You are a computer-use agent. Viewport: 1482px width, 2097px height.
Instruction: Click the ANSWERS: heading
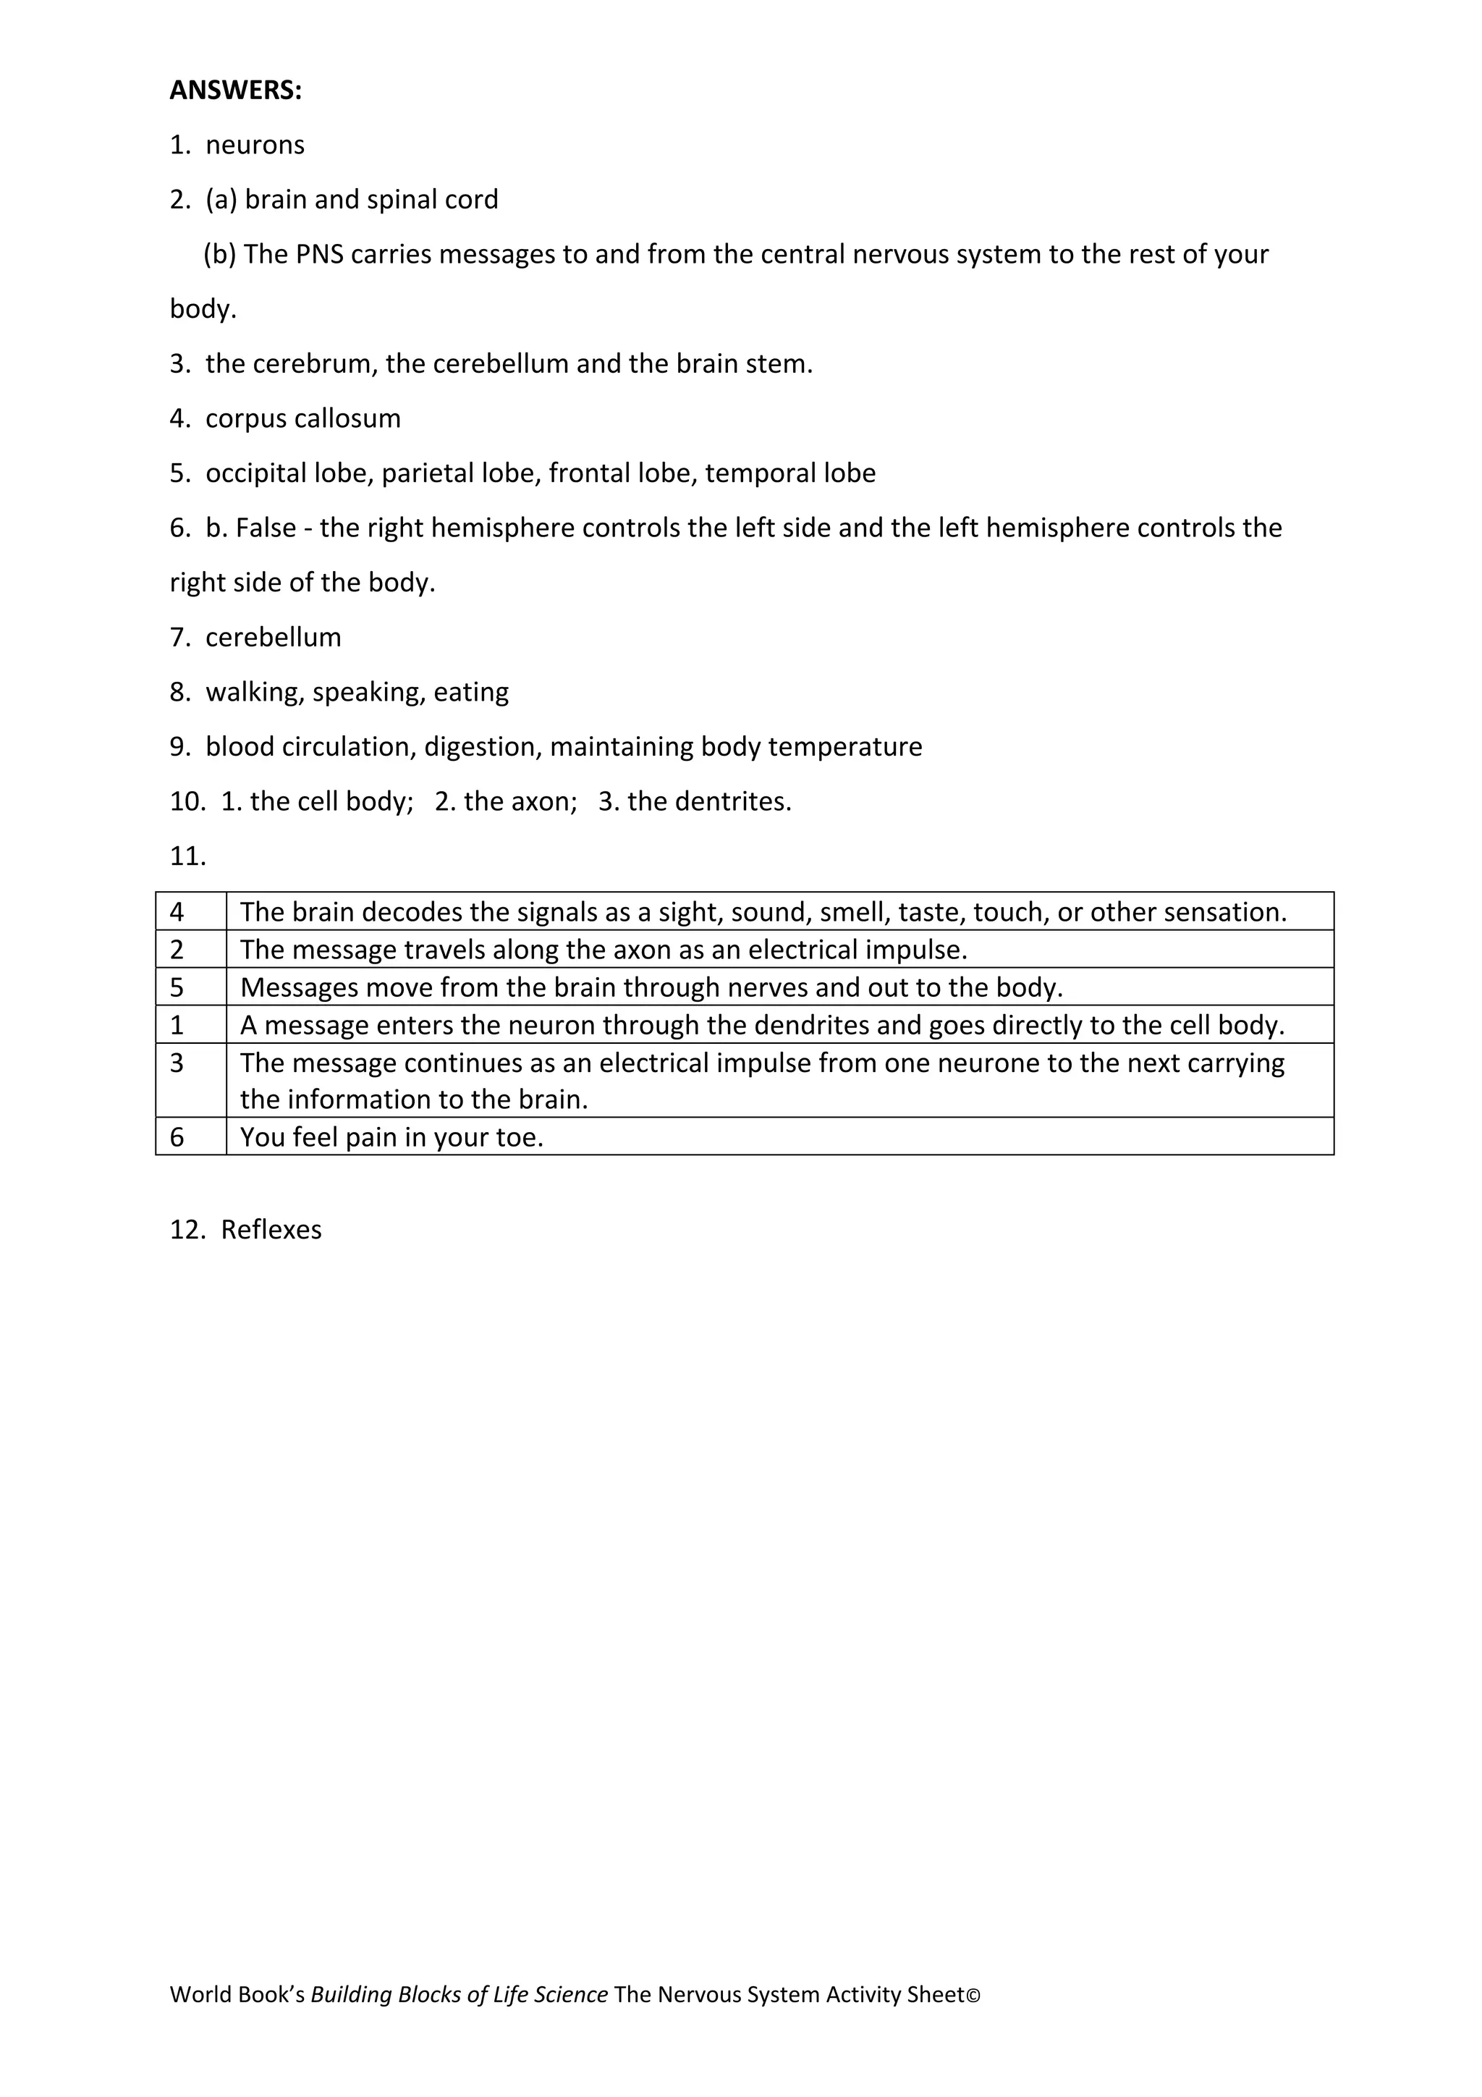pos(236,90)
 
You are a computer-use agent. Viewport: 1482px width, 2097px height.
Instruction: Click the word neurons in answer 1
pos(255,145)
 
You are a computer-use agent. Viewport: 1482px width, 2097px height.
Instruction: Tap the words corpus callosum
pos(303,418)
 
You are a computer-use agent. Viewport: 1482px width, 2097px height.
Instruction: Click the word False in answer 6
pos(266,528)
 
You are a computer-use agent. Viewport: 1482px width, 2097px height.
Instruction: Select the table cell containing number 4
pos(191,911)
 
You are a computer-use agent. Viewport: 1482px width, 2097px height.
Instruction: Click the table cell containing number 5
pos(191,987)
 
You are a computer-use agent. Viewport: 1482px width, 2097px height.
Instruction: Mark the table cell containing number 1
pos(191,1025)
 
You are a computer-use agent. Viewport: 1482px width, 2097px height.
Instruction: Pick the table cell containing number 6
pos(191,1137)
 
